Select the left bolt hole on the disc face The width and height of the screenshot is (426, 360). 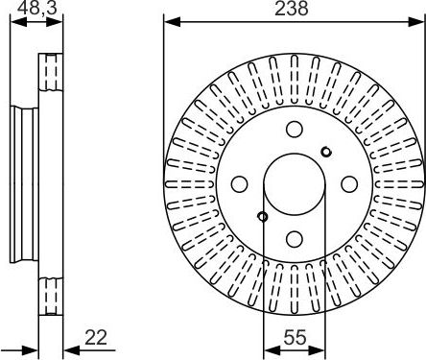tap(240, 182)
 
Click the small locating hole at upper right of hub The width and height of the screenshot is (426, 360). tap(326, 151)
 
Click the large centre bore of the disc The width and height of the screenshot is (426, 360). tap(295, 182)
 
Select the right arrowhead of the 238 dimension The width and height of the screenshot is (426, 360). tap(419, 20)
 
